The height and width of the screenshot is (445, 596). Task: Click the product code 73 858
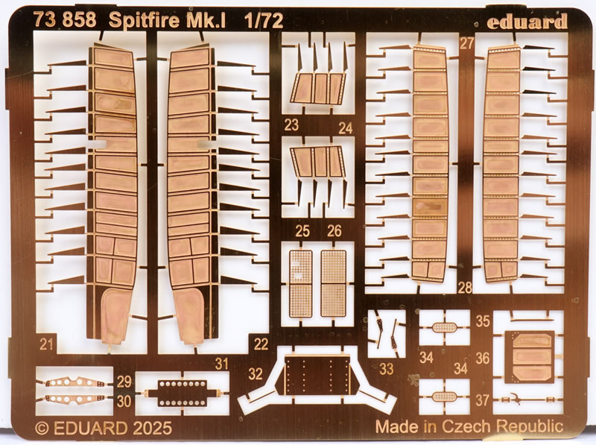click(64, 21)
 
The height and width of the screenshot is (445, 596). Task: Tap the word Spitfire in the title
click(140, 21)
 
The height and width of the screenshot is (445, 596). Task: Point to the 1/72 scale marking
click(262, 21)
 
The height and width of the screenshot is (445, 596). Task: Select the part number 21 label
click(46, 344)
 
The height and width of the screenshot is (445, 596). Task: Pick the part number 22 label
click(261, 344)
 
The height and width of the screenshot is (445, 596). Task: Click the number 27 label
click(467, 43)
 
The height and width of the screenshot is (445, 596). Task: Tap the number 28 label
click(466, 288)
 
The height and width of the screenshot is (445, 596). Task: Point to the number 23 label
click(291, 125)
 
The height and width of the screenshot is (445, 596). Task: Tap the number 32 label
click(256, 373)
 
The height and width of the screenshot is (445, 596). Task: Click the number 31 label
click(221, 364)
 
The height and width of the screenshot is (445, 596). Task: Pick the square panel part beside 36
click(530, 356)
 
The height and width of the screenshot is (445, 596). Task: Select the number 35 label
click(482, 321)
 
